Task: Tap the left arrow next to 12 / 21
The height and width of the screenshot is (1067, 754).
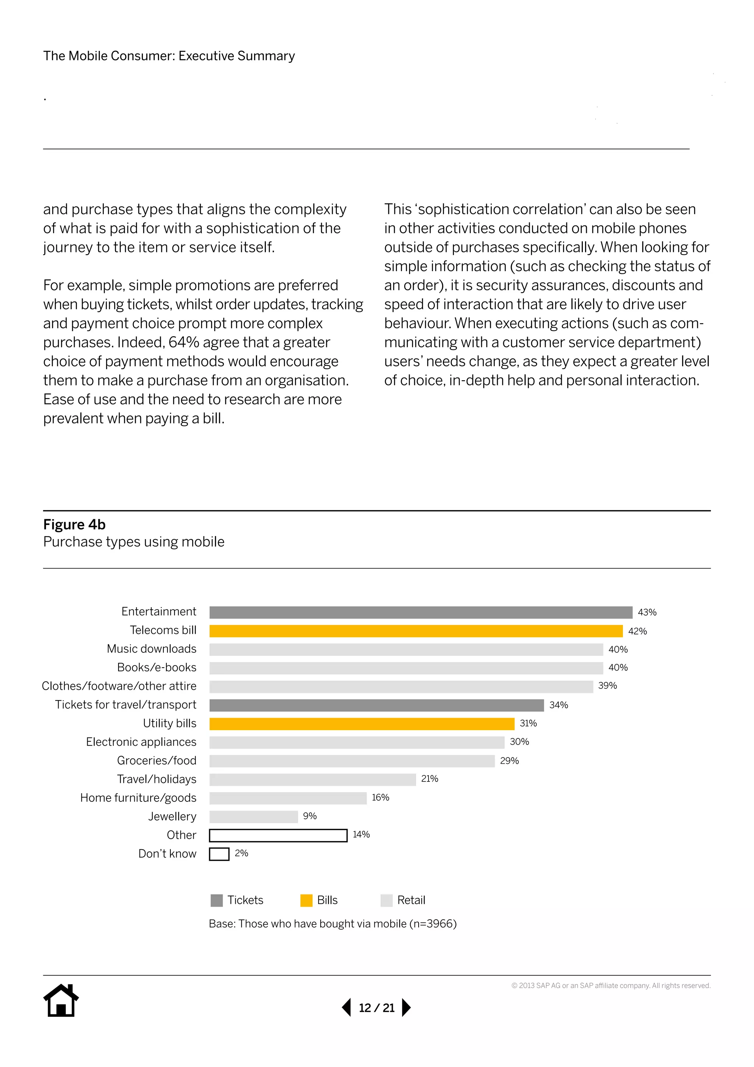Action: click(x=347, y=1008)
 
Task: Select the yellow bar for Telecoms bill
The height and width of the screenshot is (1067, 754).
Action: click(x=416, y=631)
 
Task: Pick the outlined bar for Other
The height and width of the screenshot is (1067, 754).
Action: click(x=278, y=836)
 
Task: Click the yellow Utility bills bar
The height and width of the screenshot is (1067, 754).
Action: click(x=362, y=724)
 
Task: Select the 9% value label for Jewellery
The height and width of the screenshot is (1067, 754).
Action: click(x=310, y=816)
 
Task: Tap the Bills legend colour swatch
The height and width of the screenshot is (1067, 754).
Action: click(x=306, y=900)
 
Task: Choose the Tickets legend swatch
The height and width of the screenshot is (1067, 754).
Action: click(x=216, y=900)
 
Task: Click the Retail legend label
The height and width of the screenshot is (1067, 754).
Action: click(x=411, y=900)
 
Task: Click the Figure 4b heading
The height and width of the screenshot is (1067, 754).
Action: click(x=74, y=525)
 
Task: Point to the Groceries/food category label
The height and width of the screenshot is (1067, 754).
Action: click(x=156, y=761)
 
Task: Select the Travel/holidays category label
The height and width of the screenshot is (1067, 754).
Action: click(x=156, y=779)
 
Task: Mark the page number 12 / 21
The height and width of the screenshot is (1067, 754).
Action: click(x=377, y=1008)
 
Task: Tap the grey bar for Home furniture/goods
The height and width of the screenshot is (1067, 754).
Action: click(x=288, y=798)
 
